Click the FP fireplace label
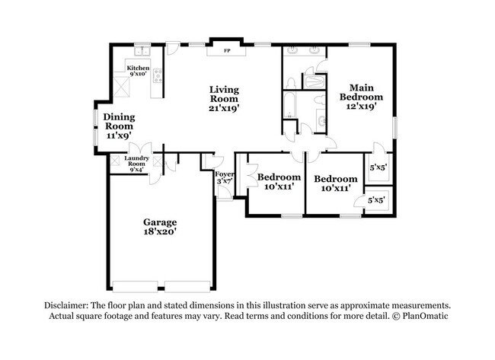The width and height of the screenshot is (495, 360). [226, 52]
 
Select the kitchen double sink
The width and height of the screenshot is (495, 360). [142, 52]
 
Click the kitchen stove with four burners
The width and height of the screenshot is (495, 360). [158, 75]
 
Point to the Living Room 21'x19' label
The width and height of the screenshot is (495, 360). [225, 99]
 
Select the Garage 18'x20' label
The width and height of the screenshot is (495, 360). [160, 226]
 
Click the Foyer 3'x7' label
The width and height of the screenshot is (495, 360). [225, 177]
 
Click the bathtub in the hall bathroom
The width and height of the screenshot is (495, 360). [290, 106]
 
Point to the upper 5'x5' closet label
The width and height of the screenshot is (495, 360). [377, 167]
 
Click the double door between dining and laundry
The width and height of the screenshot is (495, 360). [141, 148]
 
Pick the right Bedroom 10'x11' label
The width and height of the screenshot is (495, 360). [336, 183]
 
